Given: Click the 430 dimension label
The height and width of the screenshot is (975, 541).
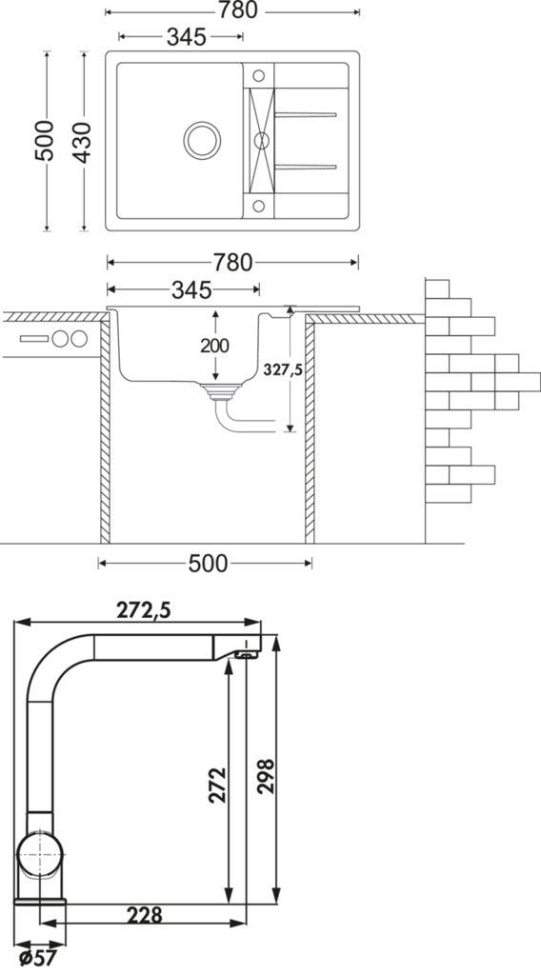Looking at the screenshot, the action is pyautogui.click(x=82, y=143).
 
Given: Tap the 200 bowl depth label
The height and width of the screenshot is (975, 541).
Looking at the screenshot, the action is pyautogui.click(x=214, y=346).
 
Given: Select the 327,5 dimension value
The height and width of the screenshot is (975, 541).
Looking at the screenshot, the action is pyautogui.click(x=282, y=370).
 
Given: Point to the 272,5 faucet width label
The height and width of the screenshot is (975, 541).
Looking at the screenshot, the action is pyautogui.click(x=143, y=611).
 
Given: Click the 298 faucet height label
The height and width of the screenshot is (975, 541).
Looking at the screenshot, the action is pyautogui.click(x=266, y=776).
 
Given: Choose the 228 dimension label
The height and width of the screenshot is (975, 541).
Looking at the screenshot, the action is pyautogui.click(x=144, y=915).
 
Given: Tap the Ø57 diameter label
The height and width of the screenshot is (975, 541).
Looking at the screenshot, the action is pyautogui.click(x=37, y=958).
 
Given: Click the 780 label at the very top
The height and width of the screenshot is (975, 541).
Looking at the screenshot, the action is pyautogui.click(x=237, y=10).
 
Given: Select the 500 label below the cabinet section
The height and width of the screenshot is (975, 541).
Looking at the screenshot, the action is pyautogui.click(x=208, y=564).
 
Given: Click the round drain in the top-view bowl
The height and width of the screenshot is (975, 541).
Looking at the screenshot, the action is pyautogui.click(x=202, y=140).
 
